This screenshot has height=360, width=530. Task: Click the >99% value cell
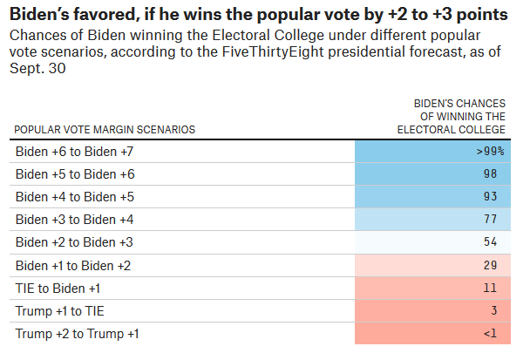[491, 151]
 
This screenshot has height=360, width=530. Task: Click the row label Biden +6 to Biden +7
[74, 151]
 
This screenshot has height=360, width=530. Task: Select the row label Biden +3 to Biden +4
[74, 219]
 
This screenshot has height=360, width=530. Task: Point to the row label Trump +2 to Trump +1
[77, 333]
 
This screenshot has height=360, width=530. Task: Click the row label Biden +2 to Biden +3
[74, 241]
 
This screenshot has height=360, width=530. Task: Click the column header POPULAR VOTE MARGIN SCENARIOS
[105, 129]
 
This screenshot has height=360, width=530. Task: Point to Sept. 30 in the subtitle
[40, 70]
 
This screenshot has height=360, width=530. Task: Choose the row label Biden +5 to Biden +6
[74, 173]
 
